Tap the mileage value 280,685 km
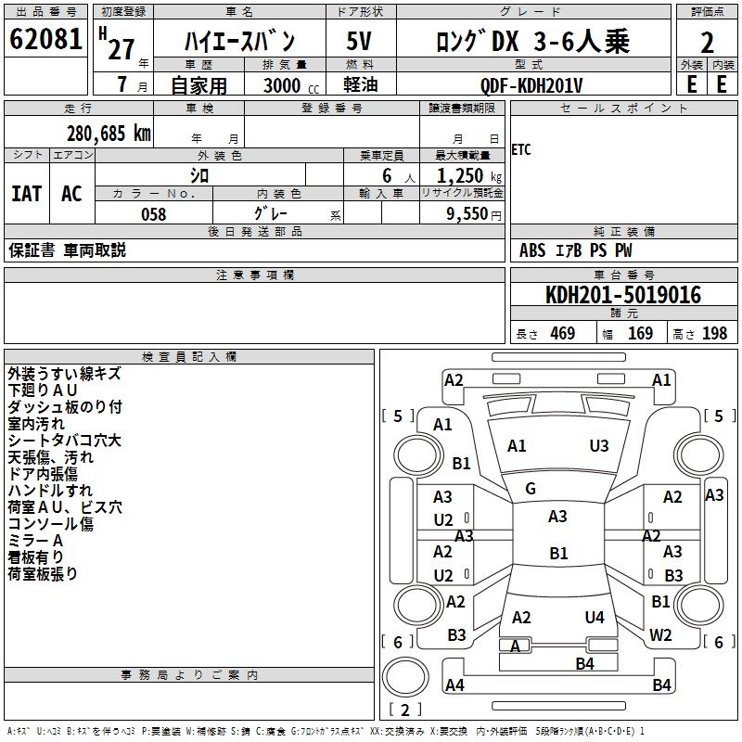109,134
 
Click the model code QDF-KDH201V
532,85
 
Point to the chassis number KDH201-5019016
623,296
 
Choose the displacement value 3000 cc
288,85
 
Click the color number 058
153,214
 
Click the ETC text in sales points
521,150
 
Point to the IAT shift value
26,194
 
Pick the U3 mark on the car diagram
599,446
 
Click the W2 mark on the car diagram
660,635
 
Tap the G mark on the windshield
531,489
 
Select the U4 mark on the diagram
595,617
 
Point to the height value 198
714,334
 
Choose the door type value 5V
360,42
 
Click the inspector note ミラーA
35,541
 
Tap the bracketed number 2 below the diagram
404,711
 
